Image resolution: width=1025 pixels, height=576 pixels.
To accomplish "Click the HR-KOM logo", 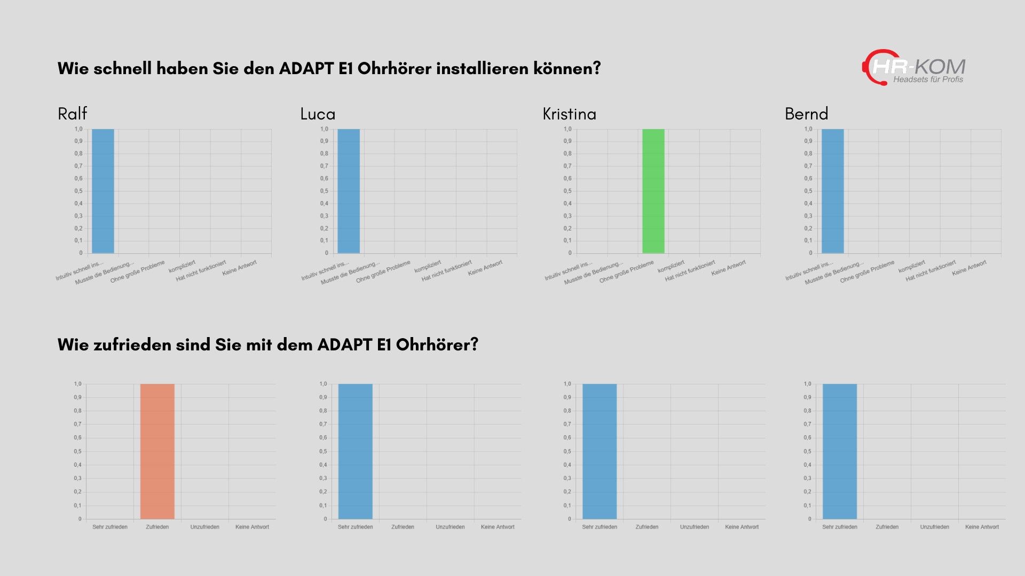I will [914, 68].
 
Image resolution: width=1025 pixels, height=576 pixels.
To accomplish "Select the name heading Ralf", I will [72, 114].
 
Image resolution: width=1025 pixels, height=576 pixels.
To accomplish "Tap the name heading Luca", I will [318, 114].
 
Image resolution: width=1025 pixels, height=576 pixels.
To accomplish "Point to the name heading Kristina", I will [569, 114].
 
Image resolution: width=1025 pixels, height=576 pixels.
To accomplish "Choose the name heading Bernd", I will [806, 114].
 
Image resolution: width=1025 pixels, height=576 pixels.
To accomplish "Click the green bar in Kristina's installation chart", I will [653, 191].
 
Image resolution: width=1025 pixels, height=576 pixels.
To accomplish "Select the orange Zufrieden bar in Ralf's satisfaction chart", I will [157, 451].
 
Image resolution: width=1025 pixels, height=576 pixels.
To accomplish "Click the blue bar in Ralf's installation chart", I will [102, 191].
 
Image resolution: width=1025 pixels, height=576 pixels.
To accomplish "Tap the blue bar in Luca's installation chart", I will [349, 191].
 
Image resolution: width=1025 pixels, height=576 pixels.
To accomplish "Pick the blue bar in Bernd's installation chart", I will [832, 191].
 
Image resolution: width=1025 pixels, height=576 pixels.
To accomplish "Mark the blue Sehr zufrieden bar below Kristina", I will [599, 451].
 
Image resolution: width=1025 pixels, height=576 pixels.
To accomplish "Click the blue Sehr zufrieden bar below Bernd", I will [839, 451].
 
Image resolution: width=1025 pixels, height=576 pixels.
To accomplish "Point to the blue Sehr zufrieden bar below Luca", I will [355, 451].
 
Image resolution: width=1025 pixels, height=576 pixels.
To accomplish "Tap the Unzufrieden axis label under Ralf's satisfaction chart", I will [204, 527].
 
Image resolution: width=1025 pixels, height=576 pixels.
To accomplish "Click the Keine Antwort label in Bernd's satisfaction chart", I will [982, 527].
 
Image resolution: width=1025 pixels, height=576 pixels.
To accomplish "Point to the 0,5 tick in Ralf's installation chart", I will [78, 191].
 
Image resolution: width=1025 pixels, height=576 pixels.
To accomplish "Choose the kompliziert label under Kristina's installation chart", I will [671, 266].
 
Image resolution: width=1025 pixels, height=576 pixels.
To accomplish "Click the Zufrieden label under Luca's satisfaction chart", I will [403, 527].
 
